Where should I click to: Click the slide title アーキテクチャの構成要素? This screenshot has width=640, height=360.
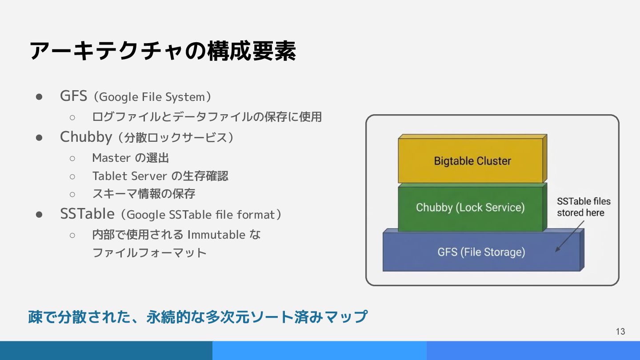pyautogui.click(x=163, y=51)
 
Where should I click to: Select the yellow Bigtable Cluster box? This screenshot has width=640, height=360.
pyautogui.click(x=472, y=161)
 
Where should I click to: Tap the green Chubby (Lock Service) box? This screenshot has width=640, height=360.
pyautogui.click(x=470, y=208)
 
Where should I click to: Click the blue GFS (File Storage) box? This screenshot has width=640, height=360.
pyautogui.click(x=481, y=252)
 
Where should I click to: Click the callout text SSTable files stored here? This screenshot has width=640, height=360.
pyautogui.click(x=584, y=207)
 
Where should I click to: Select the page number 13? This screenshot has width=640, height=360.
pyautogui.click(x=620, y=332)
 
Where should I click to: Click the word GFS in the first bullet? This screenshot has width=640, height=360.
pyautogui.click(x=73, y=96)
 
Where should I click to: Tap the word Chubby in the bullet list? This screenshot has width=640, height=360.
pyautogui.click(x=86, y=137)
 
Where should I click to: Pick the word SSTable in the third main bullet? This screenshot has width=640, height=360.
pyautogui.click(x=87, y=214)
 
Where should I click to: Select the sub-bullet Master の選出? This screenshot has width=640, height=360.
pyautogui.click(x=130, y=158)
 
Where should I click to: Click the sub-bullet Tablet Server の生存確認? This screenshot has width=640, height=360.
pyautogui.click(x=160, y=176)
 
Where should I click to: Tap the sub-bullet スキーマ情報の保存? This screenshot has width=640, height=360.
pyautogui.click(x=144, y=194)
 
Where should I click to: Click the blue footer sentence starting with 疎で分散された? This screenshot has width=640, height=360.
pyautogui.click(x=198, y=317)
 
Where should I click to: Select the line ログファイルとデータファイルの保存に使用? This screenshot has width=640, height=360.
pyautogui.click(x=207, y=117)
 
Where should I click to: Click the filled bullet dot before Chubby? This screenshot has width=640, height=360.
pyautogui.click(x=39, y=137)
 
